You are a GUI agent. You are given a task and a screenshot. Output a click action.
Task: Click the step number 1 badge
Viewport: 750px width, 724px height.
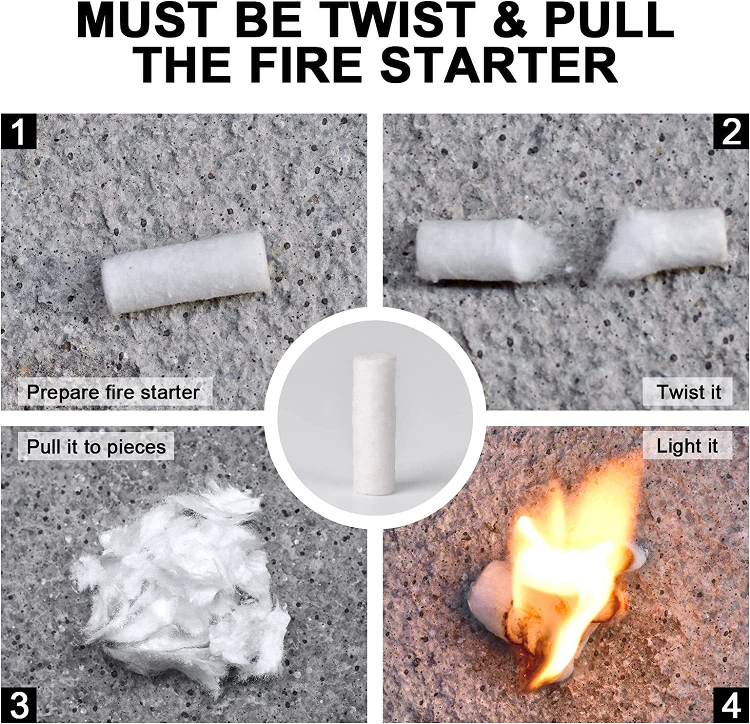(18, 131)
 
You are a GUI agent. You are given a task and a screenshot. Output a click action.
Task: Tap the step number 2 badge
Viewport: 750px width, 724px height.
(731, 131)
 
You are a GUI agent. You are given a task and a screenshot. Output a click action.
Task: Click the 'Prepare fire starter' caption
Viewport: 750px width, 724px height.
(113, 392)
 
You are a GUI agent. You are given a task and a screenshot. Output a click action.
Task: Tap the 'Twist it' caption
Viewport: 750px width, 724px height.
(688, 392)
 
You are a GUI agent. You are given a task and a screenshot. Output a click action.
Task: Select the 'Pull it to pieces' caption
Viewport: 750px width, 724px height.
(96, 446)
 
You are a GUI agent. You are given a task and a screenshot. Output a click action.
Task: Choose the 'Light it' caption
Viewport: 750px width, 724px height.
(687, 446)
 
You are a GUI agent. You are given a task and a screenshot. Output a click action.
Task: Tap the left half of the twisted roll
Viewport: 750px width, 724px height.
(480, 249)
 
